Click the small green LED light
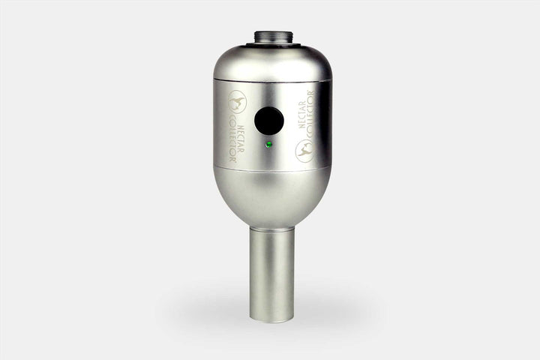coord(268,144)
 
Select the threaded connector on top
coord(271,38)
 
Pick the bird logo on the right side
coord(304,150)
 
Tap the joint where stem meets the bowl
coord(271,228)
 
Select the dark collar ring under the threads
coord(271,46)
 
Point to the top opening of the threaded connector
coord(271,32)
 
